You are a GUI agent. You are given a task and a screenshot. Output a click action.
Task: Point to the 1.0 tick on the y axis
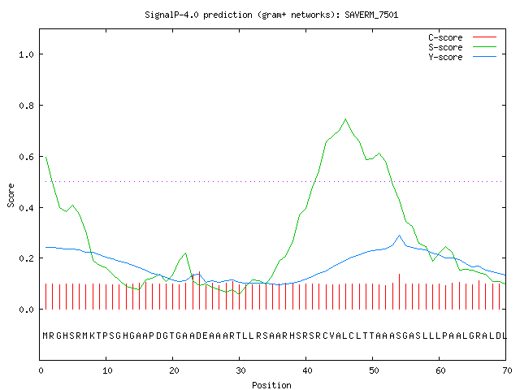(27, 54)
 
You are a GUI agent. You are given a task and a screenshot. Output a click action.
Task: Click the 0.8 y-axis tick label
(27, 106)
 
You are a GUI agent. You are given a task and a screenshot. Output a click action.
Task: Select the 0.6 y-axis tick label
(27, 157)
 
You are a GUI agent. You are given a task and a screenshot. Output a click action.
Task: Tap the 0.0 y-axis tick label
(27, 310)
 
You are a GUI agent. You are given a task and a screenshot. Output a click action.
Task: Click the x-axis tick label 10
(107, 370)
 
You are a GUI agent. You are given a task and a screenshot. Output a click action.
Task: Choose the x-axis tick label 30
(240, 370)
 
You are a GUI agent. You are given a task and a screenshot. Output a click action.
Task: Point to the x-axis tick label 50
(374, 370)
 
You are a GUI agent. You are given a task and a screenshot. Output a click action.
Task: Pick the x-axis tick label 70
(507, 370)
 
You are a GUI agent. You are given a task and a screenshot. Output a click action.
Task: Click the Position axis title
(271, 385)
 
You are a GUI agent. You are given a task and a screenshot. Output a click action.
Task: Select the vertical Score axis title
(11, 195)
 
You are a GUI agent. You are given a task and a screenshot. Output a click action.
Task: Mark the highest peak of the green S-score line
(346, 119)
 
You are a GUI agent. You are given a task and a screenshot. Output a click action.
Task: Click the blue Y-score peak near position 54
(399, 236)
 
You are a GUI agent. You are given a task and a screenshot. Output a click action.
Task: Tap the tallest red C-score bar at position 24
(199, 291)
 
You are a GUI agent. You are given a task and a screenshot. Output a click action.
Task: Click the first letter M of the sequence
(45, 336)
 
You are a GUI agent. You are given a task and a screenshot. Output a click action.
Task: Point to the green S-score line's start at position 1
(46, 157)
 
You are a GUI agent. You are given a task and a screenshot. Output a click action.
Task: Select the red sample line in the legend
(484, 37)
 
